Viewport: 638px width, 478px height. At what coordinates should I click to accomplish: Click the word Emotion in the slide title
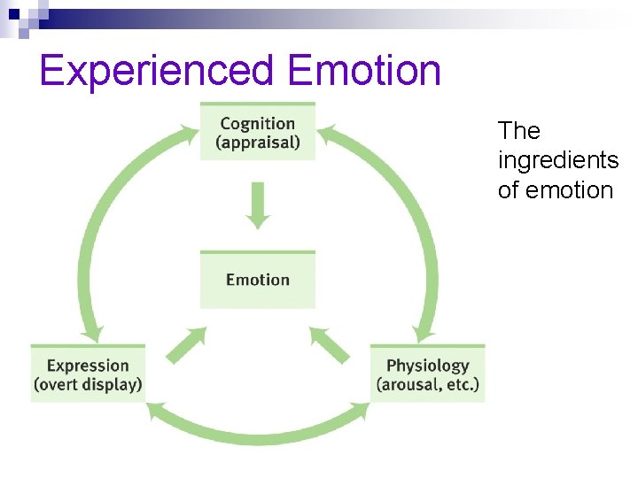click(364, 71)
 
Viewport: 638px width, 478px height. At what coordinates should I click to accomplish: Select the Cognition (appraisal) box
click(257, 132)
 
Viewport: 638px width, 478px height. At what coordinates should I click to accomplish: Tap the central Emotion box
click(257, 280)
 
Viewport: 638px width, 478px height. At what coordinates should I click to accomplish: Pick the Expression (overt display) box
click(88, 374)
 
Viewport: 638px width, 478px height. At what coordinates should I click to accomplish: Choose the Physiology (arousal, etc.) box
click(427, 374)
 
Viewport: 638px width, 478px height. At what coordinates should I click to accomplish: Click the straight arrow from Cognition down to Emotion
click(257, 204)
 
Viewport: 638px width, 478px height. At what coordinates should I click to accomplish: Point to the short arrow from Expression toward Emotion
click(186, 344)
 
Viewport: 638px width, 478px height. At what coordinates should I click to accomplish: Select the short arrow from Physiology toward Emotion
click(329, 344)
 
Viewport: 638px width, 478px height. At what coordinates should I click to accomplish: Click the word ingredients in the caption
click(557, 160)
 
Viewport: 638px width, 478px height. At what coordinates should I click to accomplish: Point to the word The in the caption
click(518, 131)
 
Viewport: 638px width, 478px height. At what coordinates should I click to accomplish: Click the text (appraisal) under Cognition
click(257, 143)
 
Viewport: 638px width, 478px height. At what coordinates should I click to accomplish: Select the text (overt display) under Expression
click(88, 385)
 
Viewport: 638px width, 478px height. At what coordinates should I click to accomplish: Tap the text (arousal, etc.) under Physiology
click(427, 385)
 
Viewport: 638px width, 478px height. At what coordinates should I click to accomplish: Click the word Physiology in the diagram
click(427, 365)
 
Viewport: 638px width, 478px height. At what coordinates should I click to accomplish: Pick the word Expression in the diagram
click(88, 365)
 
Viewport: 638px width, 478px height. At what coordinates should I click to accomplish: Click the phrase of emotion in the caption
click(555, 190)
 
